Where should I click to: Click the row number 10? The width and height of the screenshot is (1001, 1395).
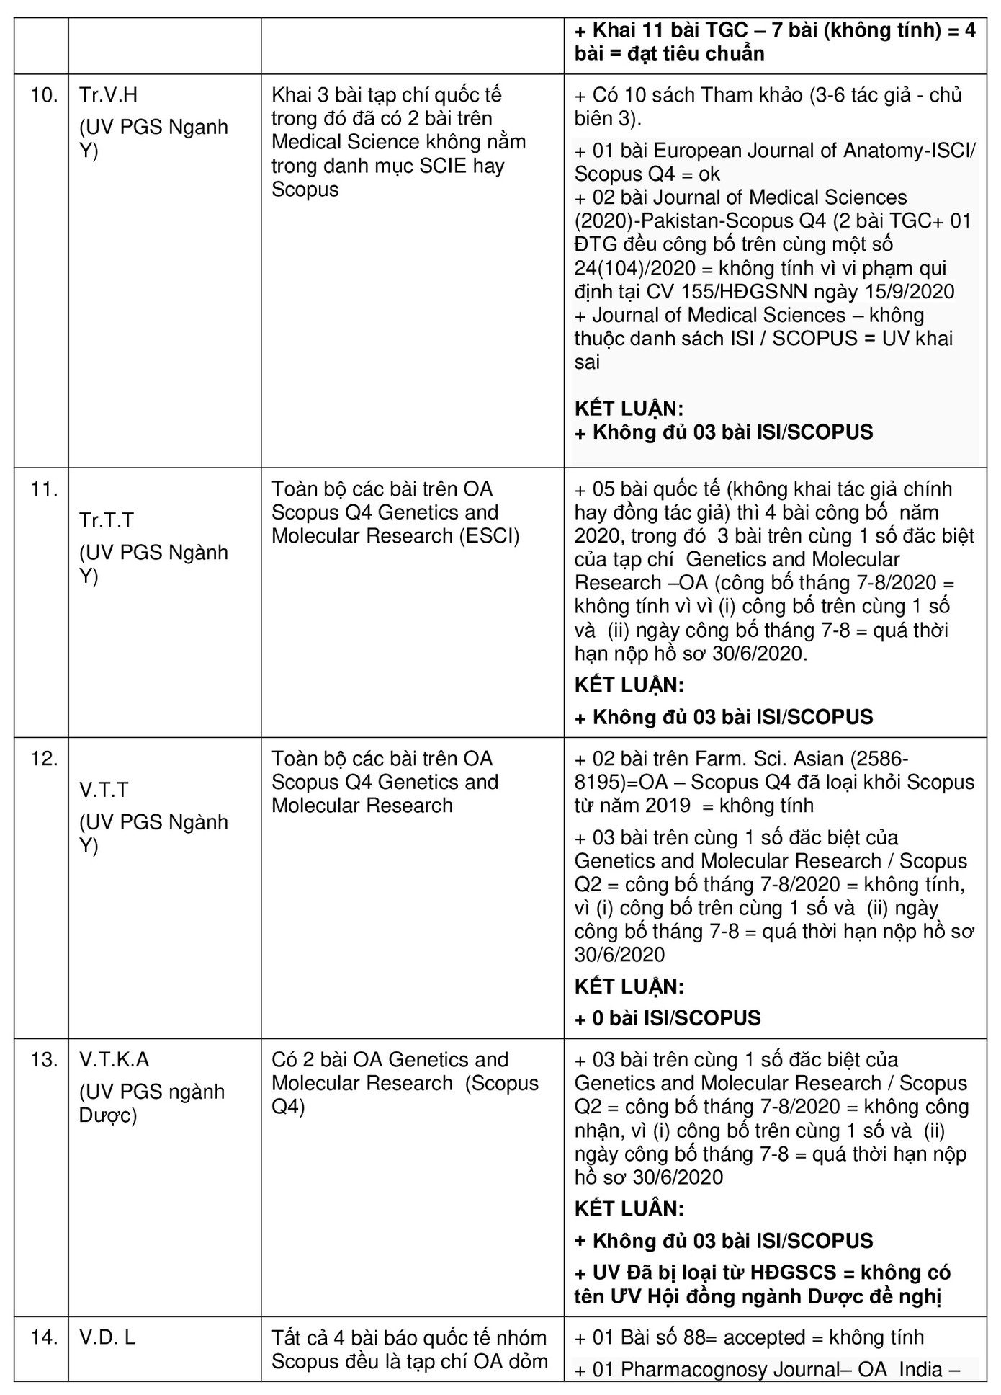click(44, 95)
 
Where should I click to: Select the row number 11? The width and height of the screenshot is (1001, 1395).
click(44, 489)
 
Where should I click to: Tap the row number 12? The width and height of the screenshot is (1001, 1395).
click(44, 759)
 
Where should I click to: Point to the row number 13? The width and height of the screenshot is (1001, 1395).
click(44, 1060)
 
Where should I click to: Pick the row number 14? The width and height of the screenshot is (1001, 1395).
click(44, 1338)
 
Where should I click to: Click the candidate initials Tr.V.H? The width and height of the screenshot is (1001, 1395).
click(108, 95)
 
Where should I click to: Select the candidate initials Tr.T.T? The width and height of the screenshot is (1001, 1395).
click(106, 520)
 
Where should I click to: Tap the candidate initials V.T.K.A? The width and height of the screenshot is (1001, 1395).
click(114, 1060)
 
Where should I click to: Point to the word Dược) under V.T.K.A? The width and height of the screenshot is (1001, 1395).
click(107, 1115)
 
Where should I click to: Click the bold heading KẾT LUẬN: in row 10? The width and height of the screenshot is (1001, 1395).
click(629, 409)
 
